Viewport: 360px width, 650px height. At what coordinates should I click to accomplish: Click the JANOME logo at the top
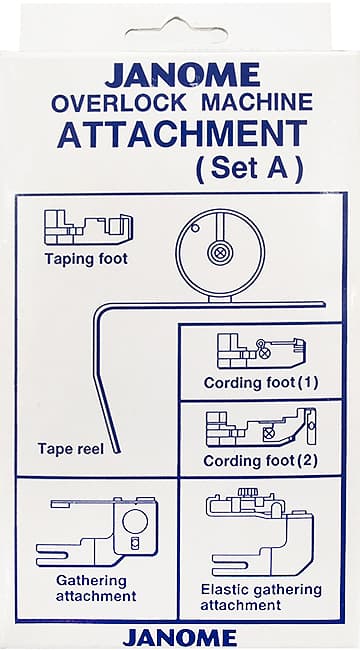(182, 75)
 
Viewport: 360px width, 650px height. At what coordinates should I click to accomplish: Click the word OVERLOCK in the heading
(119, 102)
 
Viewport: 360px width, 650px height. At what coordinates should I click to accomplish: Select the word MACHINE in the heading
(258, 102)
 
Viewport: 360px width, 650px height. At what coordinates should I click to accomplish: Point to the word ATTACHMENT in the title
(182, 134)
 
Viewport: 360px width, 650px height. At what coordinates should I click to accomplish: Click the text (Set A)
(249, 169)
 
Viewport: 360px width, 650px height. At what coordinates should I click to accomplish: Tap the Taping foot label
(86, 260)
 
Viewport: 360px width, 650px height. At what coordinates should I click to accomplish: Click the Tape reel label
(71, 449)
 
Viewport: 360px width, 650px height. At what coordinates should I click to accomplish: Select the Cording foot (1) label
(261, 383)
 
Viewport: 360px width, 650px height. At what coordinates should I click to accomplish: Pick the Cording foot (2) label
(260, 461)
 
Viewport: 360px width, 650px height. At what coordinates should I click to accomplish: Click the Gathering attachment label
(96, 588)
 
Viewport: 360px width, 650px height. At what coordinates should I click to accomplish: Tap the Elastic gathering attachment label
(261, 597)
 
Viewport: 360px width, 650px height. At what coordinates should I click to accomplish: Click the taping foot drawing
(89, 228)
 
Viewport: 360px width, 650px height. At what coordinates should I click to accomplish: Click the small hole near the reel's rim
(196, 227)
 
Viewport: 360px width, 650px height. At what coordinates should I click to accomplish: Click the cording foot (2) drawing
(262, 428)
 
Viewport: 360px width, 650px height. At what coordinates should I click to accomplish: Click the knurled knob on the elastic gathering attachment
(248, 492)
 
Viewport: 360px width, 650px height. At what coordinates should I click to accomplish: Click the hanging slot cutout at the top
(176, 29)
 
